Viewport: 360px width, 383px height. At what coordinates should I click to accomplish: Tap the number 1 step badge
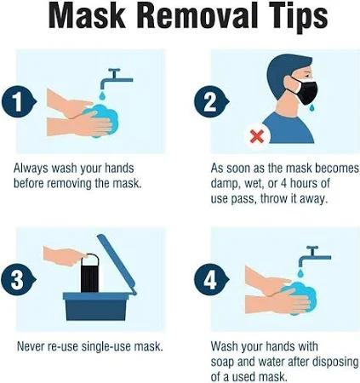[19, 102]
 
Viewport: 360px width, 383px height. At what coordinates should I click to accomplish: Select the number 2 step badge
[211, 102]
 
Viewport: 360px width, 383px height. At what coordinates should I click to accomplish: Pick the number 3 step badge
[19, 280]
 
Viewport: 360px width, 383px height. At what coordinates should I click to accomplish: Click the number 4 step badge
[211, 280]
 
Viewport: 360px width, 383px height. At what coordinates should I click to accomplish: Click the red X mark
[257, 136]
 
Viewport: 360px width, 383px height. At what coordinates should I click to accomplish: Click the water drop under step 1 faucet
[102, 95]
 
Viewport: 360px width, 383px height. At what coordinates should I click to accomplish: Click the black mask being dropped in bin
[89, 273]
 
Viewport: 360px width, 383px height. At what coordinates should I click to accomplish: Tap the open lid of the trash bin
[117, 264]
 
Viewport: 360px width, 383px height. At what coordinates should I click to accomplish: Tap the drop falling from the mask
[312, 107]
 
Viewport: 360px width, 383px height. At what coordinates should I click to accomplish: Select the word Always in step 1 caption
[31, 169]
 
